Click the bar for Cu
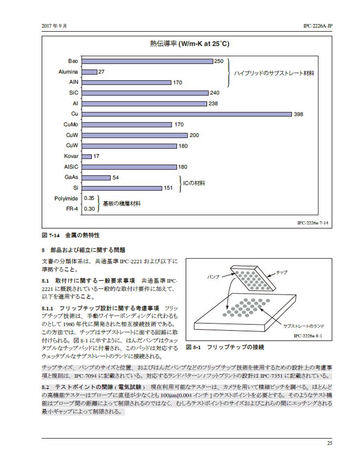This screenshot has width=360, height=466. (x=187, y=114)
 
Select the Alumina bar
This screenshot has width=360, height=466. (x=89, y=72)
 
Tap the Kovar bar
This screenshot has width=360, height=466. (x=86, y=156)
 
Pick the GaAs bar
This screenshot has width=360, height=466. (x=96, y=178)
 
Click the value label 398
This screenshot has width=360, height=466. (x=298, y=114)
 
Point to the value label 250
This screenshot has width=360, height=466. (x=219, y=61)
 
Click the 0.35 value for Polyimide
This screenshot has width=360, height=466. (x=89, y=198)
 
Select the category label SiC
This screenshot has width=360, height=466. (x=74, y=93)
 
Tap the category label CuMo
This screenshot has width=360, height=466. (x=71, y=125)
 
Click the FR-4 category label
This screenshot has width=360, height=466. (x=72, y=209)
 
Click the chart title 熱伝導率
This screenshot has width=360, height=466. (x=163, y=44)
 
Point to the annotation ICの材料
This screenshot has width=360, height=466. (x=194, y=183)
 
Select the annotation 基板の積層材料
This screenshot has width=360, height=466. (x=122, y=203)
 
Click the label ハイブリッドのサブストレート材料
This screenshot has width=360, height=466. (x=274, y=73)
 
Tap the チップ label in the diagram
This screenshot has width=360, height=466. (x=282, y=272)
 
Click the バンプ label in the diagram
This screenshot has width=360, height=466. (x=213, y=277)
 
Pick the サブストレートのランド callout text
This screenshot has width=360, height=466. (x=304, y=326)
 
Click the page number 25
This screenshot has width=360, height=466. (x=329, y=443)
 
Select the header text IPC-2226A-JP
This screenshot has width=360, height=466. (x=318, y=26)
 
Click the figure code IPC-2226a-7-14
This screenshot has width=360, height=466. (x=313, y=222)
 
